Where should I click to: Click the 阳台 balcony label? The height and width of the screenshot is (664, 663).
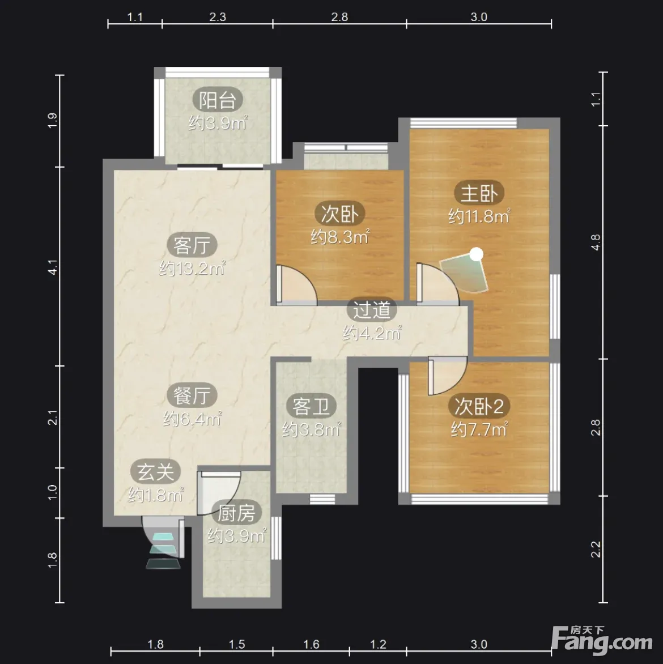[218, 100]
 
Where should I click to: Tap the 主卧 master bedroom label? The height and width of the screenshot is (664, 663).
[479, 193]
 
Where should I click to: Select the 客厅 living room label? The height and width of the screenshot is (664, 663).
[192, 245]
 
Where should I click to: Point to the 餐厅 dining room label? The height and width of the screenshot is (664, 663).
[192, 395]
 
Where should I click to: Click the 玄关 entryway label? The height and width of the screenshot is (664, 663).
[155, 472]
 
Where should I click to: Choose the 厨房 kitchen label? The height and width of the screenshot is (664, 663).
[236, 513]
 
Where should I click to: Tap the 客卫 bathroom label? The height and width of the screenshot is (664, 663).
[311, 407]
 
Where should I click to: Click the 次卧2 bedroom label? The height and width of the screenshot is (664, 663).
[479, 407]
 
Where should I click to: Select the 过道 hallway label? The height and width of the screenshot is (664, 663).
[372, 310]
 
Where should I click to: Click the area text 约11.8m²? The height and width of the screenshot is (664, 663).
[479, 216]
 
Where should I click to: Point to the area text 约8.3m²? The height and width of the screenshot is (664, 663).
[340, 236]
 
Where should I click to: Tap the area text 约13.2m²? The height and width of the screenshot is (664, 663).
[192, 268]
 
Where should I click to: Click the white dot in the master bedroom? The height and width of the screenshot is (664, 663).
[477, 254]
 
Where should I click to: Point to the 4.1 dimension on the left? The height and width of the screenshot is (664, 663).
[53, 267]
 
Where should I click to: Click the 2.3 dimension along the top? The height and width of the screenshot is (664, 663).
[218, 17]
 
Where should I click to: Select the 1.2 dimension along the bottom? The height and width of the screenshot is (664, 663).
[378, 644]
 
